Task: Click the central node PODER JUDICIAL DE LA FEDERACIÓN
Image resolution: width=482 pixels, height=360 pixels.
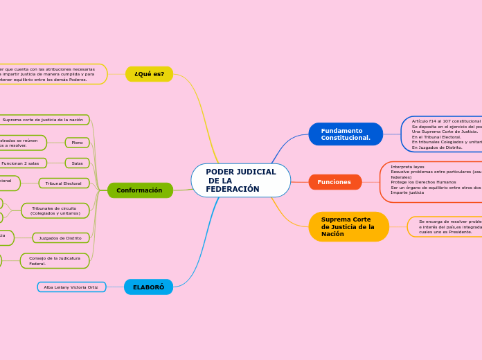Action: pyautogui.click(x=240, y=180)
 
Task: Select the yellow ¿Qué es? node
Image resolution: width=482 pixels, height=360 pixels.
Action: pyautogui.click(x=149, y=74)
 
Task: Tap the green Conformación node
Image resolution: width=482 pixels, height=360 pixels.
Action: pyautogui.click(x=139, y=190)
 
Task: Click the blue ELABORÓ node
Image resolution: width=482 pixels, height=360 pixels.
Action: pyautogui.click(x=148, y=287)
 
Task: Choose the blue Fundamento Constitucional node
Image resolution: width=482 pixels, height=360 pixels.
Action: pyautogui.click(x=346, y=134)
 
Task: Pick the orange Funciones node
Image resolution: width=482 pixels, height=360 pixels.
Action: pyautogui.click(x=334, y=182)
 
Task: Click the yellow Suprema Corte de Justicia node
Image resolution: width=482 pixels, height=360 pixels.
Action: pyautogui.click(x=348, y=227)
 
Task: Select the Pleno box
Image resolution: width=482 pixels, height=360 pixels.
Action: pyautogui.click(x=77, y=143)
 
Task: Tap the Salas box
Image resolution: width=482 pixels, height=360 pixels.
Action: pyautogui.click(x=77, y=163)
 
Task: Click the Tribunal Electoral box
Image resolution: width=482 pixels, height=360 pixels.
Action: pyautogui.click(x=64, y=183)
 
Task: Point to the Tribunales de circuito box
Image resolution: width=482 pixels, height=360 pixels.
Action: pyautogui.click(x=55, y=210)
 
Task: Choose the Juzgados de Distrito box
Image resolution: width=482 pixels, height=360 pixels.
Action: pyautogui.click(x=60, y=238)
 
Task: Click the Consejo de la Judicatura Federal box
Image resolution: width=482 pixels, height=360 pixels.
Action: pyautogui.click(x=55, y=261)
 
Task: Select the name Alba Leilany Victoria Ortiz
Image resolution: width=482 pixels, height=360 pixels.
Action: pyautogui.click(x=71, y=287)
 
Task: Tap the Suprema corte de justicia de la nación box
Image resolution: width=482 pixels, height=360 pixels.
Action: pyautogui.click(x=43, y=120)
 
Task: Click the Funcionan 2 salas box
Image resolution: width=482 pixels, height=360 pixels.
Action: pyautogui.click(x=21, y=163)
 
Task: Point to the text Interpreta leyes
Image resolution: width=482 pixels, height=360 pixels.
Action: pyautogui.click(x=408, y=167)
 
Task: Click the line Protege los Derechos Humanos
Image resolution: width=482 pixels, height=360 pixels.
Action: pyautogui.click(x=423, y=182)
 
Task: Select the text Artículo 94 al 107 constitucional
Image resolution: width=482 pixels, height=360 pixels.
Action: pyautogui.click(x=446, y=121)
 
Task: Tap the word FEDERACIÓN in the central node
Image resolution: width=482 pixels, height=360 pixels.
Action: pyautogui.click(x=233, y=189)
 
